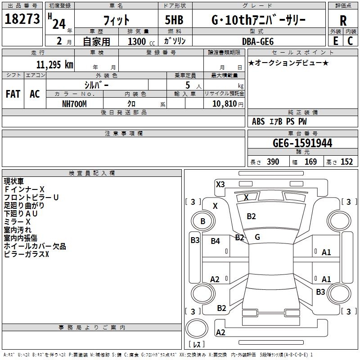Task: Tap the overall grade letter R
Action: pyautogui.click(x=343, y=20)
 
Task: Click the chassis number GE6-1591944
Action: pyautogui.click(x=302, y=143)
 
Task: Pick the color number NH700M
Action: pyautogui.click(x=74, y=103)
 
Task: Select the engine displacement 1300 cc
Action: pyautogui.click(x=139, y=41)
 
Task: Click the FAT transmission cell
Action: pyautogui.click(x=13, y=94)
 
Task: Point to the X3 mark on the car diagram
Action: pyautogui.click(x=220, y=184)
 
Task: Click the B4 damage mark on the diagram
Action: pyautogui.click(x=215, y=241)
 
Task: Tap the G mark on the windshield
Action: pyautogui.click(x=257, y=237)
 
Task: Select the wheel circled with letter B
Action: pyautogui.click(x=202, y=221)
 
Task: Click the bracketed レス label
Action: pyautogui.click(x=197, y=344)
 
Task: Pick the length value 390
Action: pyautogui.click(x=273, y=162)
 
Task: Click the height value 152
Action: pyautogui.click(x=346, y=162)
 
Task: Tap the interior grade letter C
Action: pyautogui.click(x=350, y=41)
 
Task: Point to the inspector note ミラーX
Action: pyautogui.click(x=17, y=222)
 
